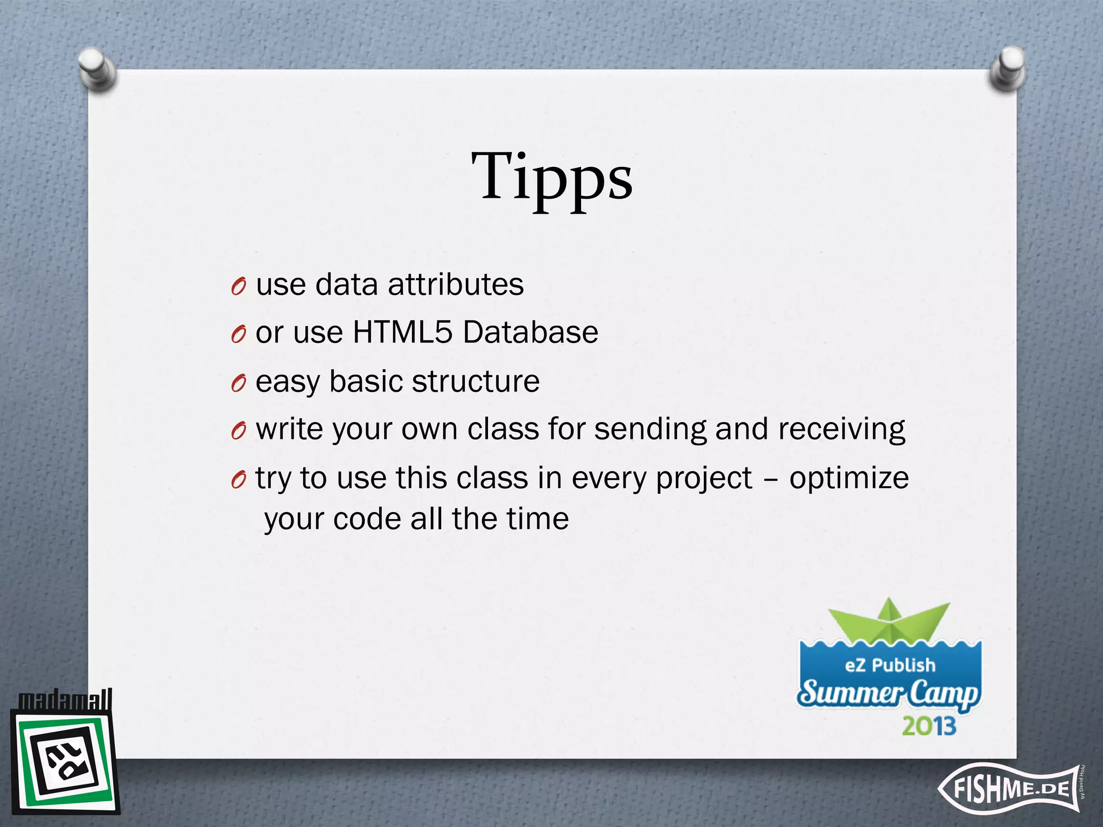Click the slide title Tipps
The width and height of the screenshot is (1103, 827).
[552, 178]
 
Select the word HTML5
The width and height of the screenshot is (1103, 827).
[402, 332]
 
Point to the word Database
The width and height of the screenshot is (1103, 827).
[530, 332]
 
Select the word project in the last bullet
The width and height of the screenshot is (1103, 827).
[703, 478]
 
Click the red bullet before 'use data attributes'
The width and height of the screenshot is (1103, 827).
[239, 287]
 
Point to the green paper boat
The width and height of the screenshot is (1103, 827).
[889, 622]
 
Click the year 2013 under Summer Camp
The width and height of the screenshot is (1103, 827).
[929, 726]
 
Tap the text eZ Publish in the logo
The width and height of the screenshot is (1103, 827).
[890, 665]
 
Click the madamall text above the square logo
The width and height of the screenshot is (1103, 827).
[65, 700]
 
